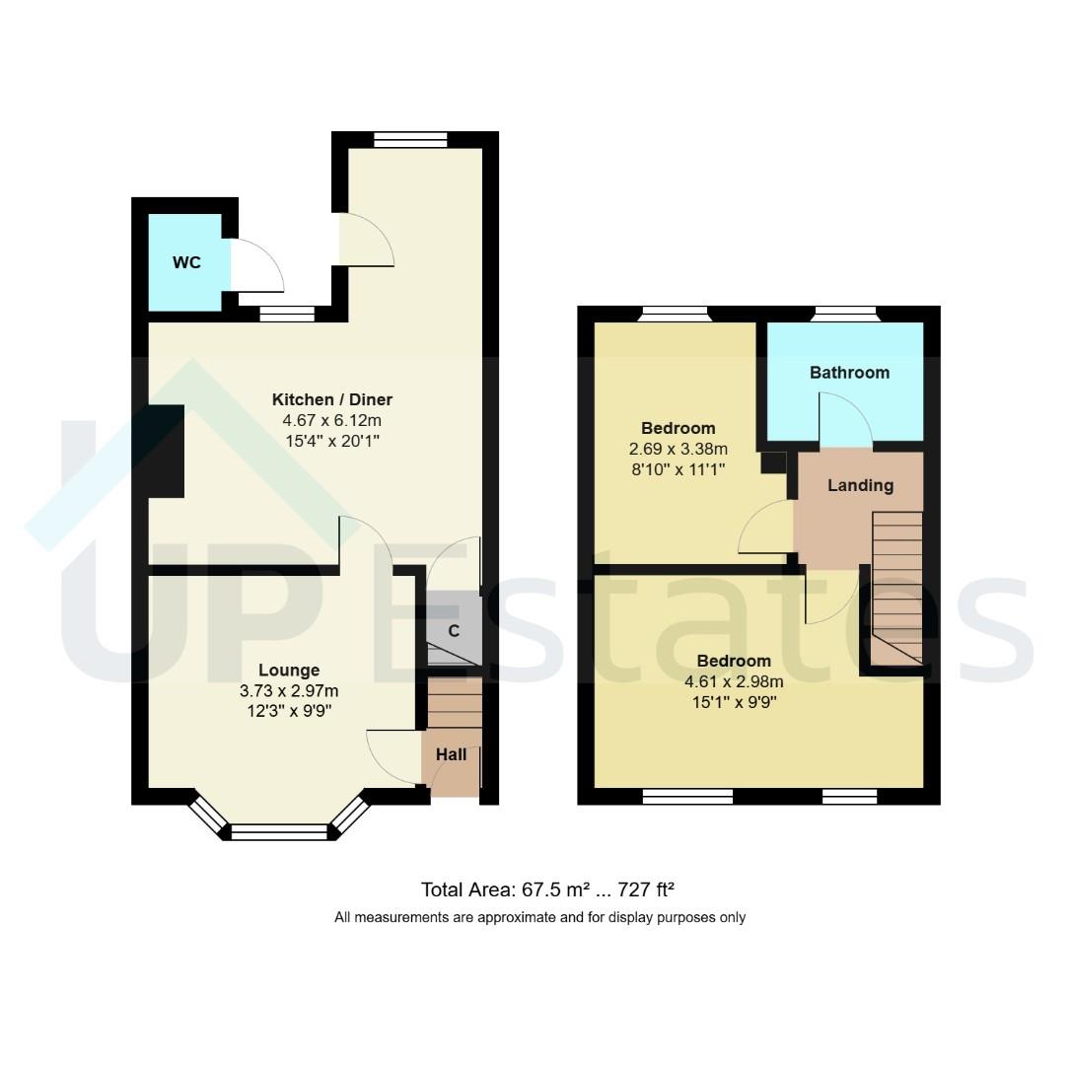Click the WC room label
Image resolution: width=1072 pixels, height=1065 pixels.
186,262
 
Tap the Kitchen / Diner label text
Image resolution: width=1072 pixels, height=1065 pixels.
332,399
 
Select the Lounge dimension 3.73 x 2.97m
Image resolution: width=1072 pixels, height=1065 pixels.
289,690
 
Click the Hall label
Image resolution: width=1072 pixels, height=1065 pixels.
452,754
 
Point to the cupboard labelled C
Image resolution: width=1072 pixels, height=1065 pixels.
454,631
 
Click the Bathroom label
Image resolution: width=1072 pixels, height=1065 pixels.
849,373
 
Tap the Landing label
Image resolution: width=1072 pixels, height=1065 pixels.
860,485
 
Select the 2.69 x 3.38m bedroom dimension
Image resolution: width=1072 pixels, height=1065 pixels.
678,449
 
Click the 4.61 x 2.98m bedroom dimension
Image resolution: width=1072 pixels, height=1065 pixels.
734,681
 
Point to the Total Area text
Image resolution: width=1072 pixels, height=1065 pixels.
547,889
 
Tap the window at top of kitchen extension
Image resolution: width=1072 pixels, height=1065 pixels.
411,140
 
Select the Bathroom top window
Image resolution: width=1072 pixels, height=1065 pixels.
845,315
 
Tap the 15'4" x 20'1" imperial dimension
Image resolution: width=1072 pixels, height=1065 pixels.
332,439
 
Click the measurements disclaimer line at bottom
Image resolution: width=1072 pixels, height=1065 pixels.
539,917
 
